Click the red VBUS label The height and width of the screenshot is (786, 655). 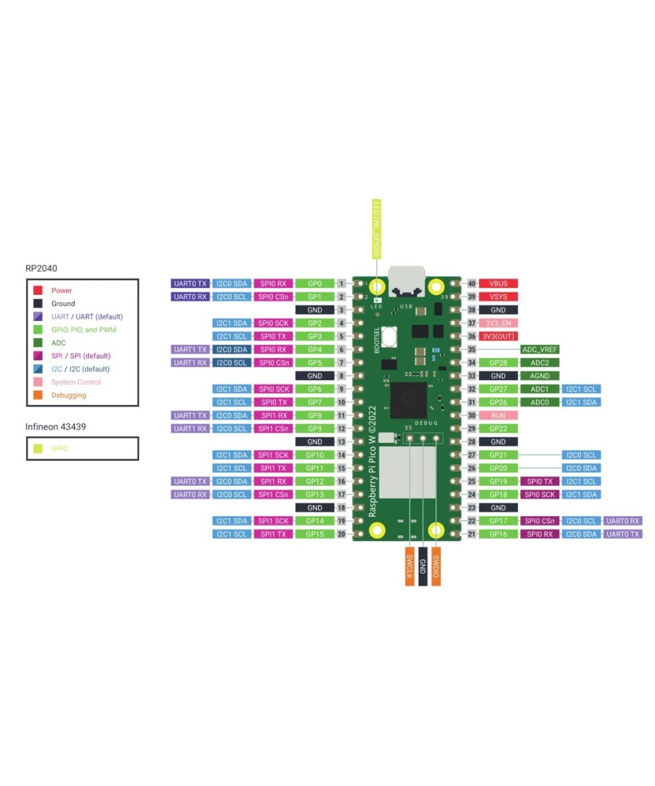[x=498, y=284]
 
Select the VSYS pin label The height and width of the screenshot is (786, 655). [x=498, y=297]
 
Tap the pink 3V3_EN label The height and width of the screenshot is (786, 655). [x=498, y=323]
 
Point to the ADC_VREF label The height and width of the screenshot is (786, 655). [x=540, y=350]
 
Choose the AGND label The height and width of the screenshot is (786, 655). [x=540, y=376]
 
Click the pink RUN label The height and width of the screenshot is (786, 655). [x=498, y=415]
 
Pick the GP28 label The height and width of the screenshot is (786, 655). [x=498, y=363]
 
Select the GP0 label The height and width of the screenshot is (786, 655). [x=315, y=284]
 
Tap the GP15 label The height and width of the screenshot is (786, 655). [x=315, y=534]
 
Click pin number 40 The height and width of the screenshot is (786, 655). [x=472, y=284]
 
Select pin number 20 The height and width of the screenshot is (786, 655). [x=341, y=534]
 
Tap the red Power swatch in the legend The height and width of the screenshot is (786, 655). [x=38, y=290]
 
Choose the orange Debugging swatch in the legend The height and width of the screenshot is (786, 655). [x=38, y=395]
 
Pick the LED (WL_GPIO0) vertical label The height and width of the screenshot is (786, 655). [x=377, y=228]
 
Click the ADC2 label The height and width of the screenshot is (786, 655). [x=540, y=363]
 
